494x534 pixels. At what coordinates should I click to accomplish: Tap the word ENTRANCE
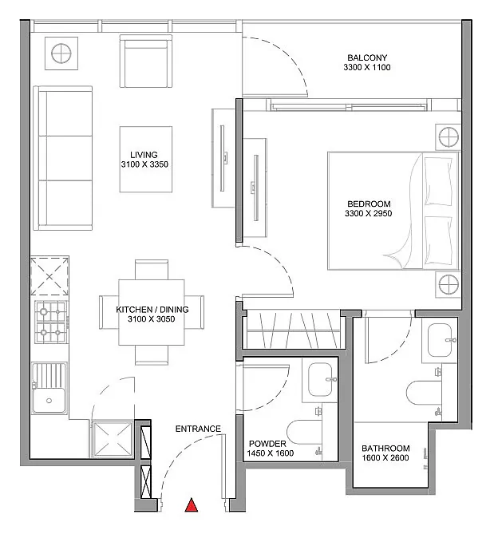198,429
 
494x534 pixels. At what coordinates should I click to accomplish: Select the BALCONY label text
367,57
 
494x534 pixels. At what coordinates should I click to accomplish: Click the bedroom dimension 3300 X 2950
369,214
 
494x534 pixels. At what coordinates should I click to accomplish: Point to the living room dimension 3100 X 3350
144,164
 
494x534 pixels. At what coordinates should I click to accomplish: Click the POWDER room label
267,444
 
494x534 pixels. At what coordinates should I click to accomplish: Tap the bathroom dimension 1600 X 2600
385,457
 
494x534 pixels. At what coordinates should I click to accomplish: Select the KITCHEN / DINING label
152,310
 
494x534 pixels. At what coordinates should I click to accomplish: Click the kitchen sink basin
49,401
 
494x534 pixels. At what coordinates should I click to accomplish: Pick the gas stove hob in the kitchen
51,322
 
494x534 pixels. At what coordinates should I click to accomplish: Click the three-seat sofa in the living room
62,158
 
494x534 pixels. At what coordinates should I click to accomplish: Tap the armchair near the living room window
146,61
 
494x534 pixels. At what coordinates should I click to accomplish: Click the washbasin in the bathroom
440,340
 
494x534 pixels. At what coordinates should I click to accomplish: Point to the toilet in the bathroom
424,393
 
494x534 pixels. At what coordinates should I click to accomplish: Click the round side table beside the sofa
61,53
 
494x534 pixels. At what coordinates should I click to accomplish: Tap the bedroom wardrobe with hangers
294,330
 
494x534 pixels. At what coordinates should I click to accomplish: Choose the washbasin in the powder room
320,378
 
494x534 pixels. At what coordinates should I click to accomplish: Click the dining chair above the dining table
152,270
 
